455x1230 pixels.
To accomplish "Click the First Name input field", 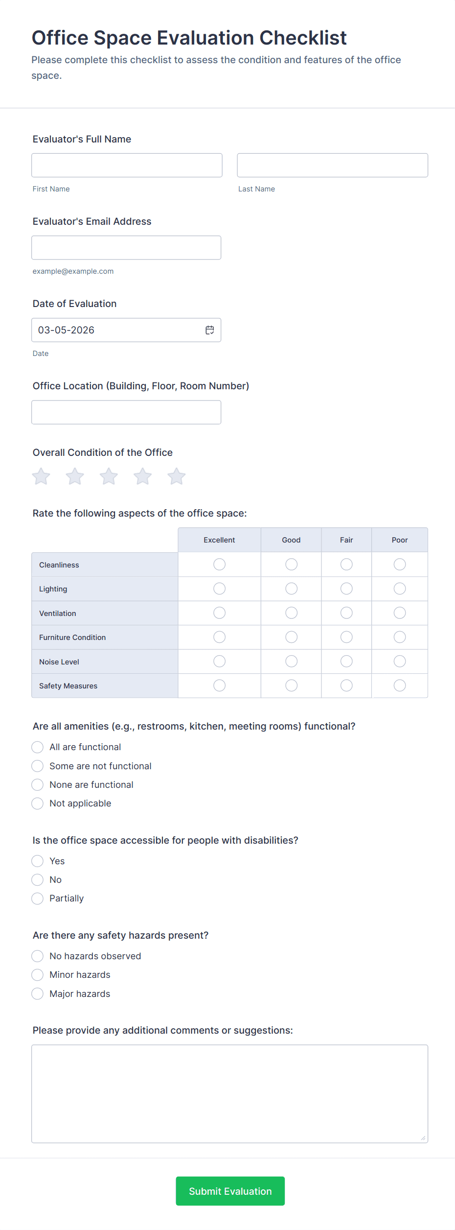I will (x=127, y=166).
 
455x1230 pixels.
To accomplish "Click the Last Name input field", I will (x=332, y=166).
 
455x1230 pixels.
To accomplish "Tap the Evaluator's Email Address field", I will (x=126, y=248).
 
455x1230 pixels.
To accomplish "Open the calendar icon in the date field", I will (x=210, y=330).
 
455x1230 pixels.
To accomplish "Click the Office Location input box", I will (x=126, y=412).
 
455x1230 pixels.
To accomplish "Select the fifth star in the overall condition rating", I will (x=177, y=476).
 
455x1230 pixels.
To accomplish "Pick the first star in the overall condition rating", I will (x=42, y=476).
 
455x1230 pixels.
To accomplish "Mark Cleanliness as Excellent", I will (x=219, y=565).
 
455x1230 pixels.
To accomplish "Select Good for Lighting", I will (x=291, y=589).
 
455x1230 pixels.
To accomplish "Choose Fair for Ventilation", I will (x=346, y=613).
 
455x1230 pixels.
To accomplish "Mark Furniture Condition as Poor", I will (x=400, y=637).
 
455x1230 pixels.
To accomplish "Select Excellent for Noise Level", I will (x=219, y=662).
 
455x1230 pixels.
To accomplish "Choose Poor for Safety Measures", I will (x=400, y=686).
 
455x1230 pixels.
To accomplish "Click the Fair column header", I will (x=346, y=540).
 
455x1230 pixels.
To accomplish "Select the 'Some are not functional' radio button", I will (x=38, y=766).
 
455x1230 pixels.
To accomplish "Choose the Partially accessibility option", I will (x=38, y=899).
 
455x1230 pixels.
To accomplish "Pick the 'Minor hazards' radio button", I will (x=38, y=975).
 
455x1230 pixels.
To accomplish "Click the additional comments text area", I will (x=229, y=1093).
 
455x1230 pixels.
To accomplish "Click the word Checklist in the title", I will (x=303, y=38).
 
